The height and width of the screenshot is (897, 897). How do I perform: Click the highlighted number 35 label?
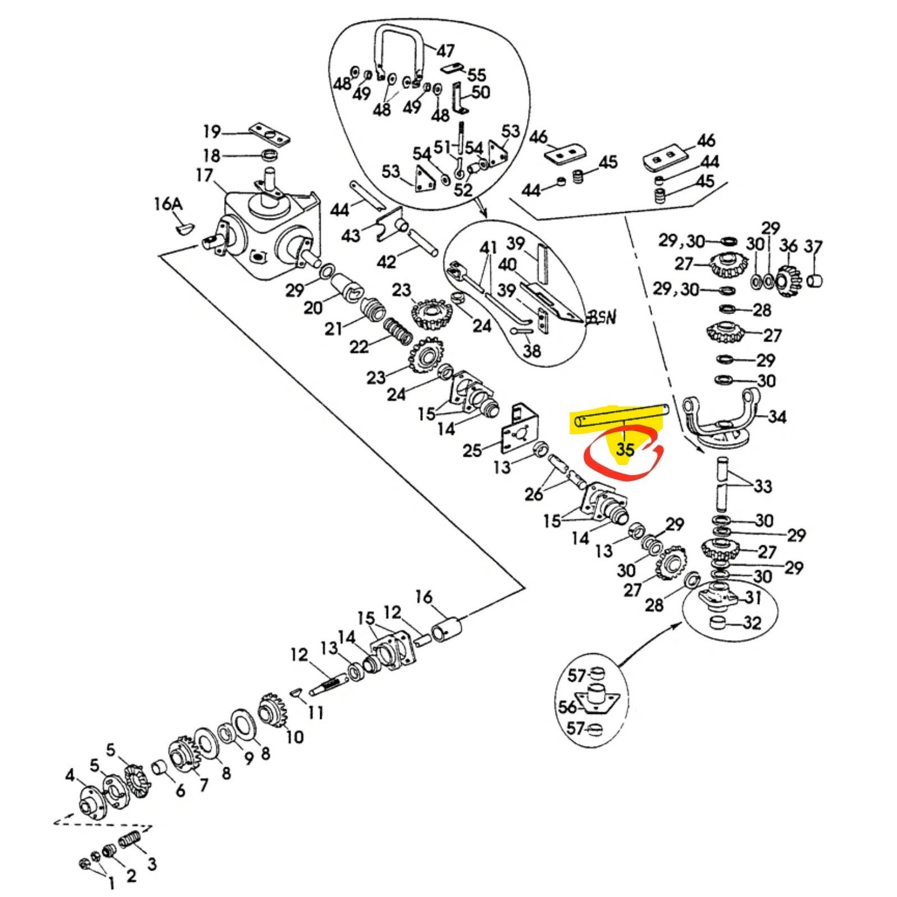click(625, 449)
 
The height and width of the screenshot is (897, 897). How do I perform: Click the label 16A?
click(168, 204)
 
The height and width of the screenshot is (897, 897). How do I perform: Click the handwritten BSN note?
click(601, 317)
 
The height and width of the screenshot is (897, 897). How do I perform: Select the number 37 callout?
click(813, 247)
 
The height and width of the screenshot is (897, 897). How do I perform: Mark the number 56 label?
click(567, 706)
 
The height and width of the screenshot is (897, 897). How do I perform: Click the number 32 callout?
click(752, 622)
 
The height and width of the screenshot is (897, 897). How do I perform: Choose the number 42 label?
click(386, 261)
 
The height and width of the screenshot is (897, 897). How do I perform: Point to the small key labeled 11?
click(298, 693)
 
